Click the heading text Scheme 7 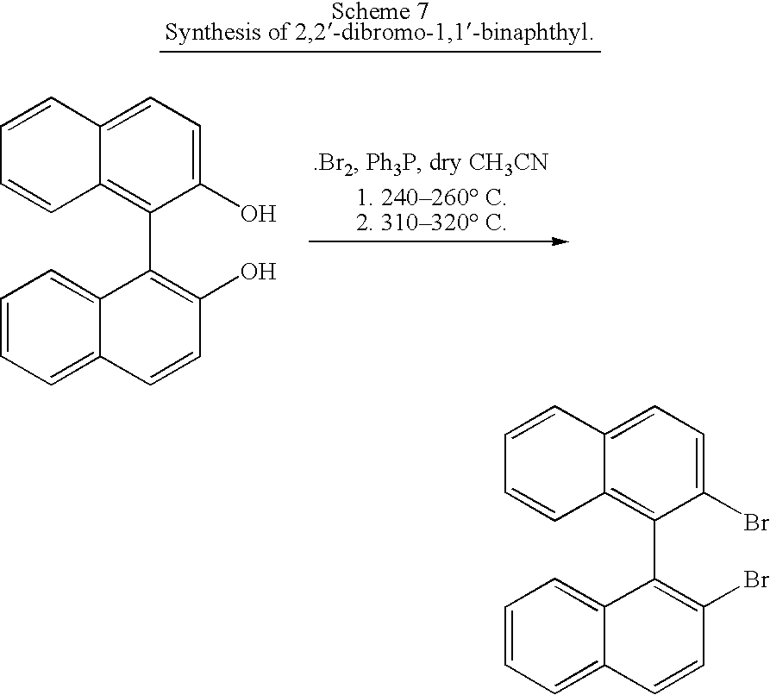(380, 11)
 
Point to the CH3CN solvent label (508, 163)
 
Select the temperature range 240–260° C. (443, 198)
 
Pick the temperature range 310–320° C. (443, 223)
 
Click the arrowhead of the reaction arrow (560, 241)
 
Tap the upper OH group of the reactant (259, 214)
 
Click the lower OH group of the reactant (259, 272)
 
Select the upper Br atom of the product (757, 523)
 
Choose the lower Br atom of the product (757, 580)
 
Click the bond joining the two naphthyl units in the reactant (150, 241)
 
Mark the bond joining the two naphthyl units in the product (654, 550)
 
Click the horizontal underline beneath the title (380, 50)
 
